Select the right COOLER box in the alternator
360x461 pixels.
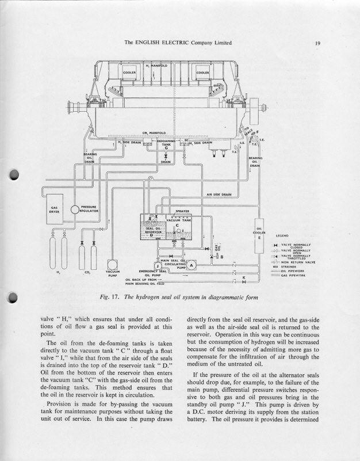[x=202, y=73]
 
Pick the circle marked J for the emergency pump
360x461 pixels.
[x=158, y=265]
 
